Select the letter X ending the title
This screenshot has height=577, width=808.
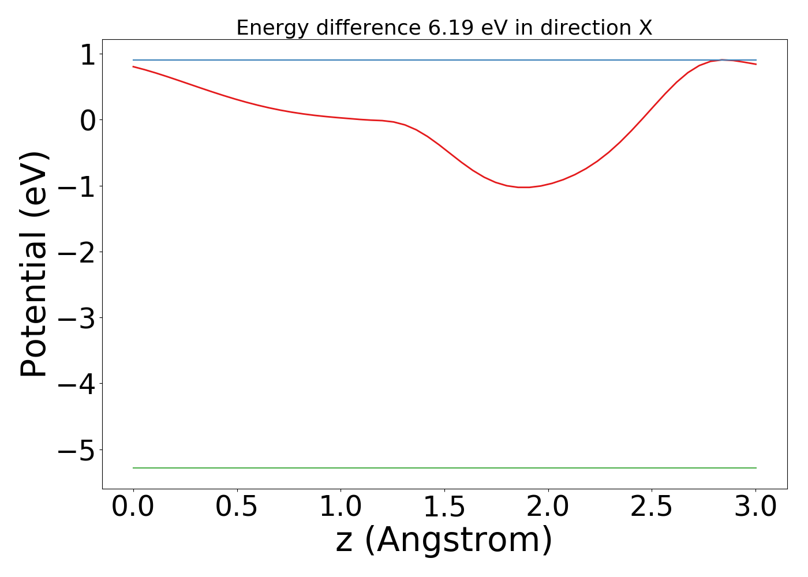pos(645,28)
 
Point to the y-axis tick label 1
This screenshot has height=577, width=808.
pos(87,56)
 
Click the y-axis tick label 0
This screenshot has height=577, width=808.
pos(87,121)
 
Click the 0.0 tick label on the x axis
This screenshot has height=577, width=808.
pos(133,507)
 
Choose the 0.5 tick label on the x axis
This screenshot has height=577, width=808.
pos(237,507)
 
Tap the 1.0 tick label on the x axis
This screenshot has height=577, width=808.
pos(341,507)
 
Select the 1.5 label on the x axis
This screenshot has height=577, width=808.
pos(444,507)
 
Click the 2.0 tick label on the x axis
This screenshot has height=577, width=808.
pos(548,507)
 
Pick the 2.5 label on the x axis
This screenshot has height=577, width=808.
pos(651,507)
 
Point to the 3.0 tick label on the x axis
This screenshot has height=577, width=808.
pos(755,507)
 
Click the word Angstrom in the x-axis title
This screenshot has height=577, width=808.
pos(459,541)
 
